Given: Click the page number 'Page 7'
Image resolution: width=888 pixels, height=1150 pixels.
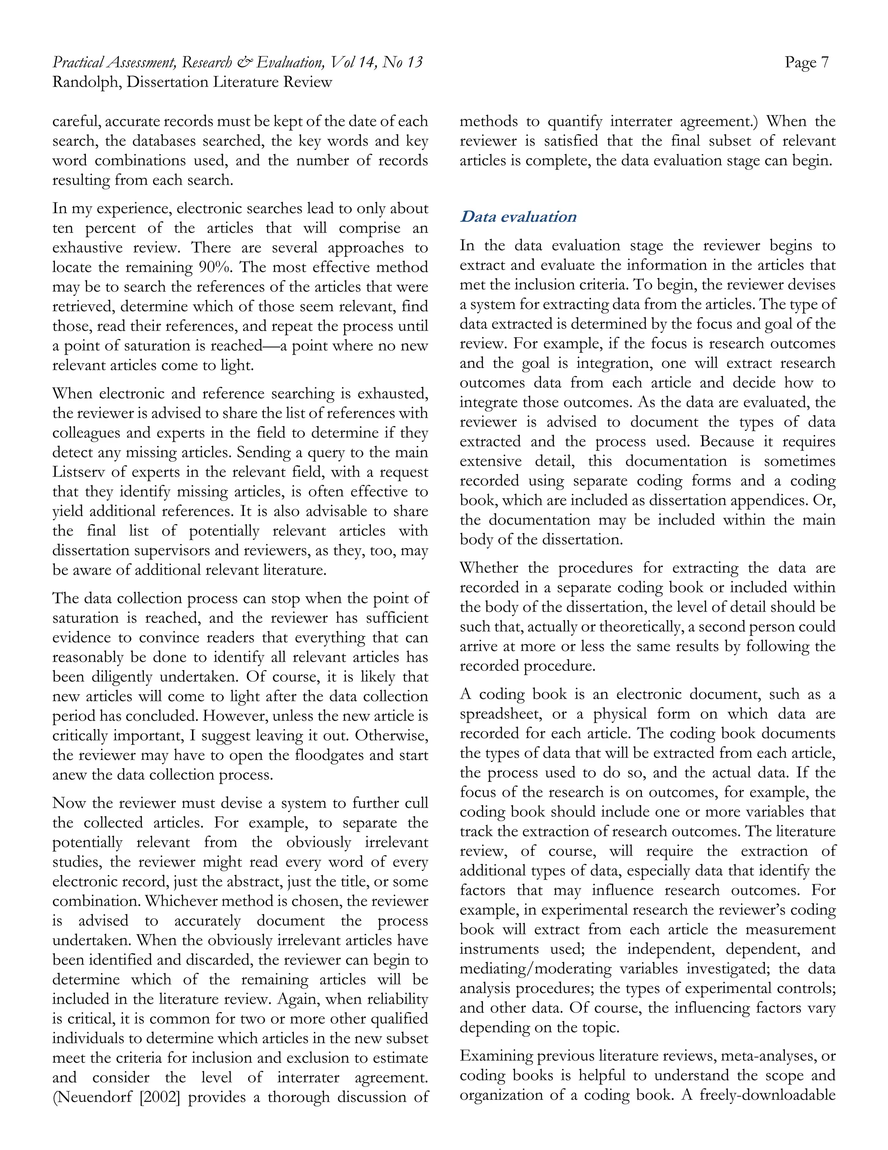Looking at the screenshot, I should (x=806, y=62).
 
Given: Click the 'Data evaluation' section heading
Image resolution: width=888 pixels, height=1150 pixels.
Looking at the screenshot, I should (x=518, y=217).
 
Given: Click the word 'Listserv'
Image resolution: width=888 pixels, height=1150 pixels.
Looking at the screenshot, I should (x=78, y=472).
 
